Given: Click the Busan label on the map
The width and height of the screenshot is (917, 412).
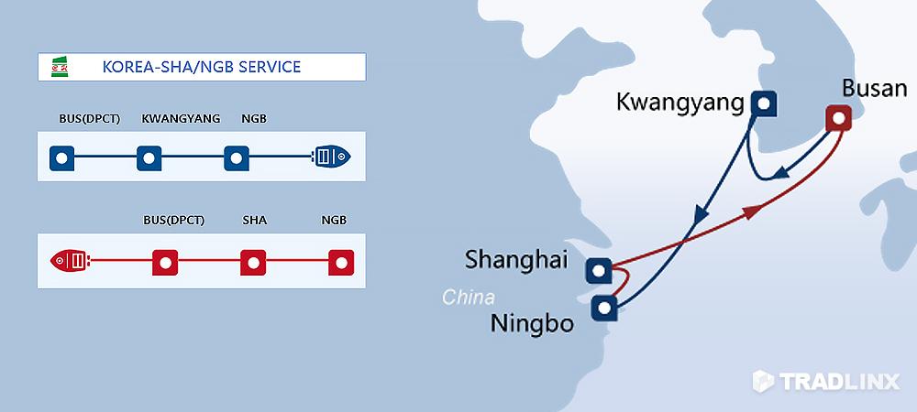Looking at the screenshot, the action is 874,90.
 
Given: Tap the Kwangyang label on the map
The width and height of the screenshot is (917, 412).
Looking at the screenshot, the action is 680,103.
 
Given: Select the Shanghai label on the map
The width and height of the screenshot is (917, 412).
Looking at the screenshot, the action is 516,260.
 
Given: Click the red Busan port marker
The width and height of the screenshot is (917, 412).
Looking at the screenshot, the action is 839,118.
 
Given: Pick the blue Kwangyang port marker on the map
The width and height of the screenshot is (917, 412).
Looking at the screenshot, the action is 763,104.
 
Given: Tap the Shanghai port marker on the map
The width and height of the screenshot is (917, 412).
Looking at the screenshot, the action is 598,271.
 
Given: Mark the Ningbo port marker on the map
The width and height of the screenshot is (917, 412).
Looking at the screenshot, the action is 604,308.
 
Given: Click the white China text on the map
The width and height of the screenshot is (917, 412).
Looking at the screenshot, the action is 468,297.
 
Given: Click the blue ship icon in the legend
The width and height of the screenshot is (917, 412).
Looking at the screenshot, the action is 332,157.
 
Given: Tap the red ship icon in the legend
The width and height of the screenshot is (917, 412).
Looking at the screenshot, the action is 70,260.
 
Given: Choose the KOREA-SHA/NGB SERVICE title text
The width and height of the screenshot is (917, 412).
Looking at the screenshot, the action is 202,67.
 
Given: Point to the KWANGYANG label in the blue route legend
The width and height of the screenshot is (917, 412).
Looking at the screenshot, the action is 181,118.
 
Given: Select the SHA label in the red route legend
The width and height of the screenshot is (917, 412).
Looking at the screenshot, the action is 254,220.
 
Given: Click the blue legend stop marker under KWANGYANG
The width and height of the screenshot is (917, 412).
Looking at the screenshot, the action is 149,158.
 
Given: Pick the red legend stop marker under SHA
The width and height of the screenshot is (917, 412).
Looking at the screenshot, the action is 253,263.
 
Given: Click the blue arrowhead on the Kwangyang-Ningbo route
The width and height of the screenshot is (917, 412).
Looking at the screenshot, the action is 701,216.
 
